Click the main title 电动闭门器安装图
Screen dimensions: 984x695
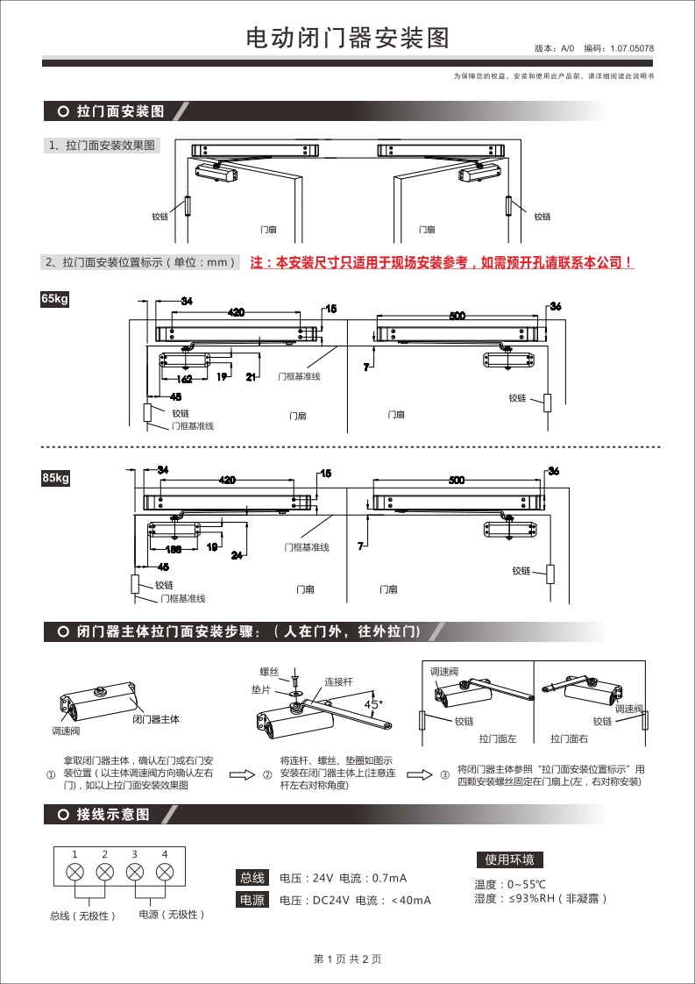(x=347, y=39)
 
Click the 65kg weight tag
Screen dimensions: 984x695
(x=54, y=299)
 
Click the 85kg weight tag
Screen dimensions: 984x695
(x=54, y=478)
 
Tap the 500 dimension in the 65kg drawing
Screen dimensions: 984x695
(x=457, y=316)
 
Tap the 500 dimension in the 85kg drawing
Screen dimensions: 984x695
(x=457, y=481)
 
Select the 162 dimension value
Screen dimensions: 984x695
(x=184, y=379)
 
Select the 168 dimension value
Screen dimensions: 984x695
(x=174, y=549)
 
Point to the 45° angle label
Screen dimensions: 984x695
(x=373, y=704)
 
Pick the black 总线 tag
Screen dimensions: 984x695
(x=252, y=878)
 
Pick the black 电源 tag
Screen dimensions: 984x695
(x=252, y=900)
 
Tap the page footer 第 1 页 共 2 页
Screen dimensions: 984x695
(x=347, y=959)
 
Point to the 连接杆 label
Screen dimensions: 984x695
(x=338, y=681)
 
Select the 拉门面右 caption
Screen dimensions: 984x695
(x=569, y=739)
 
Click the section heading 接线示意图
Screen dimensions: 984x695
(x=113, y=815)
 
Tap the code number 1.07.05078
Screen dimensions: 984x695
(x=632, y=49)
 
